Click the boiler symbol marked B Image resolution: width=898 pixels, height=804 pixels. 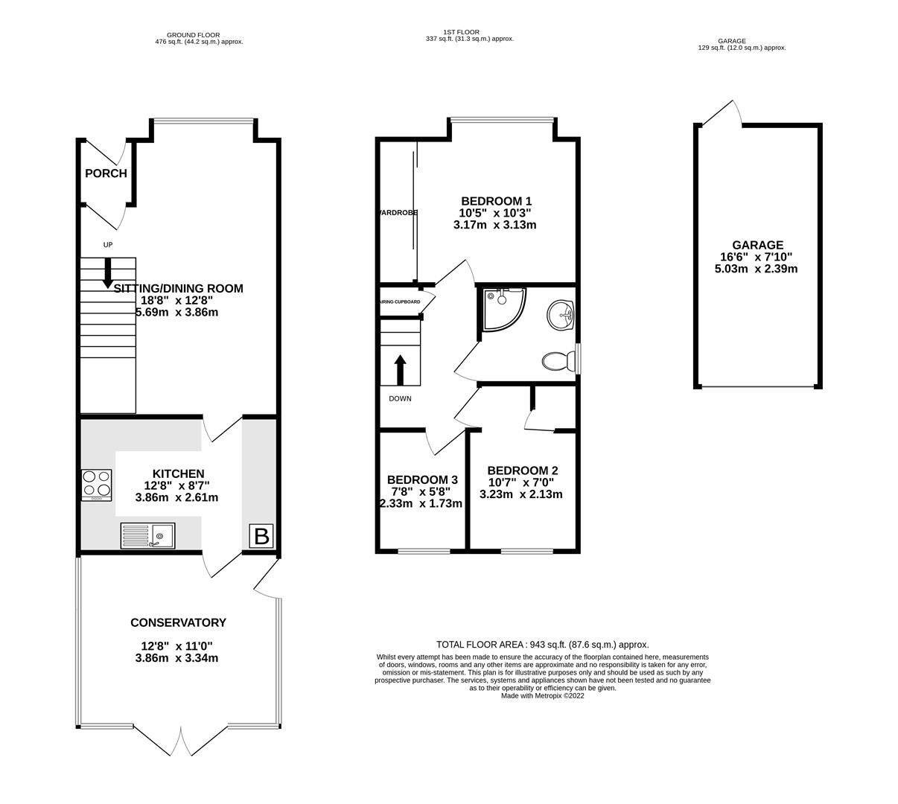(261, 536)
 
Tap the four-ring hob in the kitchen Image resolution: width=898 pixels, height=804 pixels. (97, 485)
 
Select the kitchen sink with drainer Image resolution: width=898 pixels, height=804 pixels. (147, 535)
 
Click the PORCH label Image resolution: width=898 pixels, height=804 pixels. (106, 173)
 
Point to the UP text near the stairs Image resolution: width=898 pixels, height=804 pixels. (108, 245)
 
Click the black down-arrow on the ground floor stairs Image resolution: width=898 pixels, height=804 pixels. (108, 273)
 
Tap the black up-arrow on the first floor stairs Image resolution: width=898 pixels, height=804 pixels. (401, 370)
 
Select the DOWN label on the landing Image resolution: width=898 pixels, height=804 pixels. (400, 399)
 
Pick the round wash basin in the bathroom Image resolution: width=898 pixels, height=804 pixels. (560, 315)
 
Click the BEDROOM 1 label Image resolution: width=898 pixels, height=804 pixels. (496, 201)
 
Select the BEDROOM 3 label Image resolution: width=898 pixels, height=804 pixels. (422, 480)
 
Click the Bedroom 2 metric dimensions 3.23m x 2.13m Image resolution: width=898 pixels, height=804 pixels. (520, 494)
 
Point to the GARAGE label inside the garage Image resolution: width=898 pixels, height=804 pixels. (757, 245)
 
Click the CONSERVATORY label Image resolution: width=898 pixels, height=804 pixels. (178, 622)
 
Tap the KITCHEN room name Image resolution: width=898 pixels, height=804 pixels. (178, 473)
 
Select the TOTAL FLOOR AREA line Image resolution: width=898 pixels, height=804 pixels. (542, 645)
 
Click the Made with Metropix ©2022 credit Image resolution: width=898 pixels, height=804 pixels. (542, 696)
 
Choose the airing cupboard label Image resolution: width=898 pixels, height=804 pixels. (400, 301)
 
